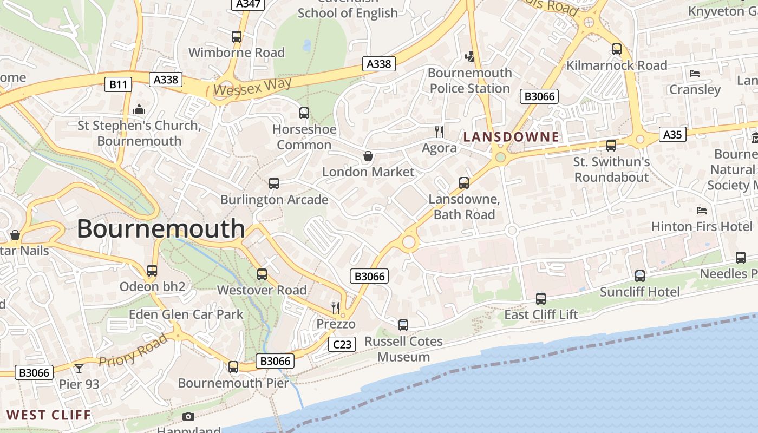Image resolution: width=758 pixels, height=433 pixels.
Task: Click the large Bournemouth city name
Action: [161, 229]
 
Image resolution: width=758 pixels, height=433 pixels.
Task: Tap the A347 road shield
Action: [249, 4]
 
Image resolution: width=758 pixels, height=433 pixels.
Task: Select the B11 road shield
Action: [118, 84]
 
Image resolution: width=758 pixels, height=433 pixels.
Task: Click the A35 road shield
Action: [672, 134]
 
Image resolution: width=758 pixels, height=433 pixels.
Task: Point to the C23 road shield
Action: [342, 344]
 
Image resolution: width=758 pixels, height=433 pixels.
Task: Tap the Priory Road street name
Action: [133, 351]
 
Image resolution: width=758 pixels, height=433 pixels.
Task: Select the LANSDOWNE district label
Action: [511, 137]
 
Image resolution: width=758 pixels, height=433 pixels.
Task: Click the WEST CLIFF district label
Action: [49, 415]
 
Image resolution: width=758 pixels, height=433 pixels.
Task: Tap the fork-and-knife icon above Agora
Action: [439, 132]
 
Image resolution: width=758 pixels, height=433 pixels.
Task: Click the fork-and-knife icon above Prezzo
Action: [336, 308]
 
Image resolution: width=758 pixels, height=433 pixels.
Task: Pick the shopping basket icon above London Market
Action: [368, 156]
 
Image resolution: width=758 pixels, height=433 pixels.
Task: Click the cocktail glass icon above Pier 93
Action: [79, 369]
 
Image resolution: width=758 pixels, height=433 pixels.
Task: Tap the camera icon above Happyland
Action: [188, 416]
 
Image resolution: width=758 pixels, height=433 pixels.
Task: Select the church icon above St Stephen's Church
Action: [139, 110]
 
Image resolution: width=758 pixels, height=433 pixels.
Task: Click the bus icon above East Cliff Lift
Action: [541, 298]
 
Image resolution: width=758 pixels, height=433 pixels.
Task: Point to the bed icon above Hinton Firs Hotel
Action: [702, 210]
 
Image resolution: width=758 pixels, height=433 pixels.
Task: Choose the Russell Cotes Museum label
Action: [403, 349]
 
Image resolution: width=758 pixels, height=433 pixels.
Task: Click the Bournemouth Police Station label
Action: [469, 81]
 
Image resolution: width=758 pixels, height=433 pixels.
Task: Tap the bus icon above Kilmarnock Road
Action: [617, 49]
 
